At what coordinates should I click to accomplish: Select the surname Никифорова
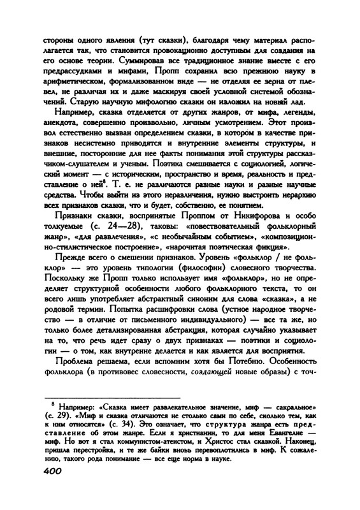click(x=255, y=235)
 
